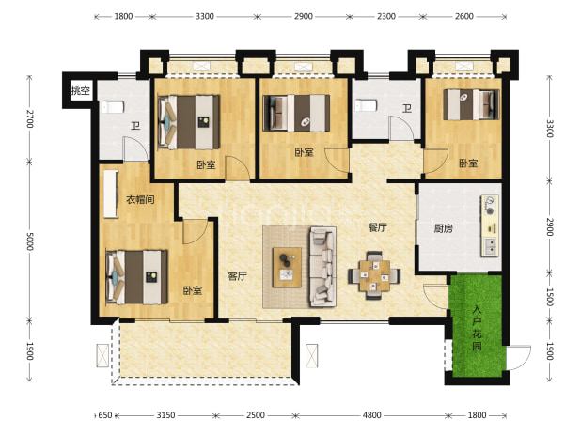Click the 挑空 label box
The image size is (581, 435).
81,90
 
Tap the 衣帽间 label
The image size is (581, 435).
140,200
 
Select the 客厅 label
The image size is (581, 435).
237,276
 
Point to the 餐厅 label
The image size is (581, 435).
377,227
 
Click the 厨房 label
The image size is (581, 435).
444,228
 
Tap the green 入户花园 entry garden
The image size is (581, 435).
477,326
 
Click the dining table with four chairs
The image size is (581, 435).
374,276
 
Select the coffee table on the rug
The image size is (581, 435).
287,267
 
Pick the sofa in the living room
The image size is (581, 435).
322,267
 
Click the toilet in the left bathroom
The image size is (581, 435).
112,107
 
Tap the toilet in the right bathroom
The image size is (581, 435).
366,105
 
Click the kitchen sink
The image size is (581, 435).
490,246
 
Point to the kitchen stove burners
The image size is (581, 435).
490,206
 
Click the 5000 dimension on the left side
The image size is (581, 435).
30,241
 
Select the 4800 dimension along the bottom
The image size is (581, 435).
371,415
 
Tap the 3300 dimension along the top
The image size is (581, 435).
205,16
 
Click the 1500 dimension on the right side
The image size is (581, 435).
550,297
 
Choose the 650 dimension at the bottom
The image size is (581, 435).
105,415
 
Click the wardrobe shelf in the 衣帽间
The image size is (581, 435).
110,194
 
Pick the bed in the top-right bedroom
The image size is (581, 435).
471,105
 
